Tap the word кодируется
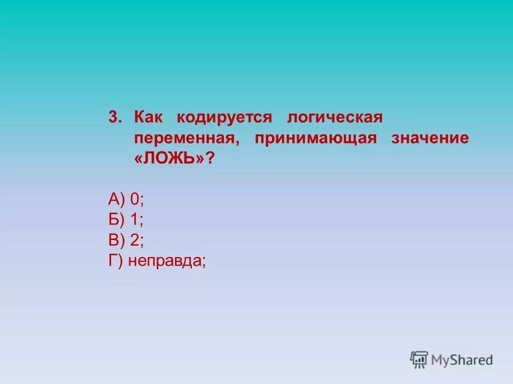pos(224,117)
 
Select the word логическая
pos(334,117)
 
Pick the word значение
pos(430,138)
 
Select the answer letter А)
pos(116,199)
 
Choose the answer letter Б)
pos(116,220)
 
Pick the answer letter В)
pos(116,241)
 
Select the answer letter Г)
pos(115,261)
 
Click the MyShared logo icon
pos(419,359)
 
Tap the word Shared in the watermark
pos(473,359)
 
